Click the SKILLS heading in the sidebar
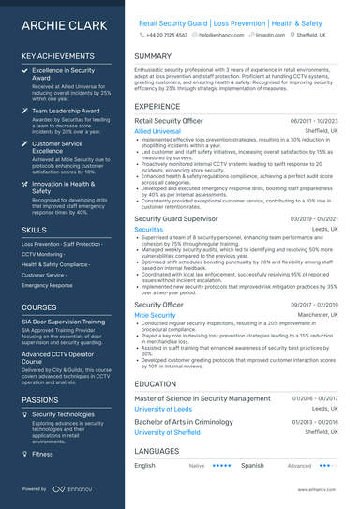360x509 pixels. [34, 229]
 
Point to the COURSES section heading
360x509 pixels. [38, 307]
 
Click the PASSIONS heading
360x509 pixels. [40, 399]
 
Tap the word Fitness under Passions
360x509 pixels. [42, 454]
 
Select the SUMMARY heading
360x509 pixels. [153, 56]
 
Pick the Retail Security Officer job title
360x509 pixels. [169, 121]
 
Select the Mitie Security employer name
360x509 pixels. [155, 316]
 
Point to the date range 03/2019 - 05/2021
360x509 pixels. [314, 217]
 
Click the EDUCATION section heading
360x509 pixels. [155, 383]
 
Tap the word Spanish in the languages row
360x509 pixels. [251, 465]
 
